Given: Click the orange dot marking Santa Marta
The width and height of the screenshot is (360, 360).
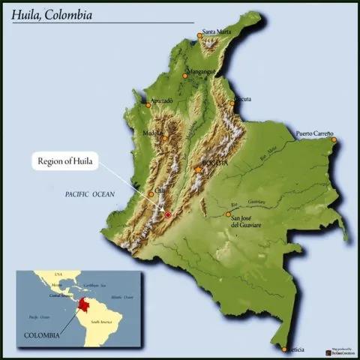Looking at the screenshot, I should point(200,34).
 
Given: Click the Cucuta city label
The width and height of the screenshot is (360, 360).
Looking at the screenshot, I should point(242,98).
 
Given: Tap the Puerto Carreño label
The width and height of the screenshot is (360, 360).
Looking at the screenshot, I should point(314,133).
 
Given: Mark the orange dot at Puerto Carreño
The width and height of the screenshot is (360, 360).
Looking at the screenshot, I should point(334,139).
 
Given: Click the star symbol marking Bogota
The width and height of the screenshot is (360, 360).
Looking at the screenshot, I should point(198,170).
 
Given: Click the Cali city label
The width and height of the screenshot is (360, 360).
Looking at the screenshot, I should point(160,190).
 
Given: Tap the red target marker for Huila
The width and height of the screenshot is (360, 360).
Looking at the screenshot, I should point(168,214).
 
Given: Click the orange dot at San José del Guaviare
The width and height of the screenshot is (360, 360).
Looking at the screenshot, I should point(228,214).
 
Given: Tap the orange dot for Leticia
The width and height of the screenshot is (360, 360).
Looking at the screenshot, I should point(284,349).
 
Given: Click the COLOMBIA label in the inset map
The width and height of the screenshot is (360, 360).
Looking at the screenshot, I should point(40,334).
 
